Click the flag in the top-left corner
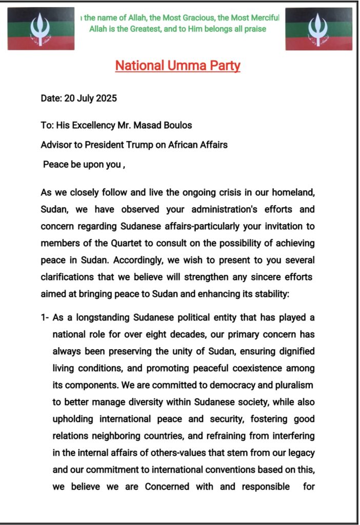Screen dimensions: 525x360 coord(41,29)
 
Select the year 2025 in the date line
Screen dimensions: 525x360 coord(106,98)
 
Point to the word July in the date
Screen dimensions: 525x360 coord(86,98)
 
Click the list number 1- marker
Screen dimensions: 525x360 coord(45,318)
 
